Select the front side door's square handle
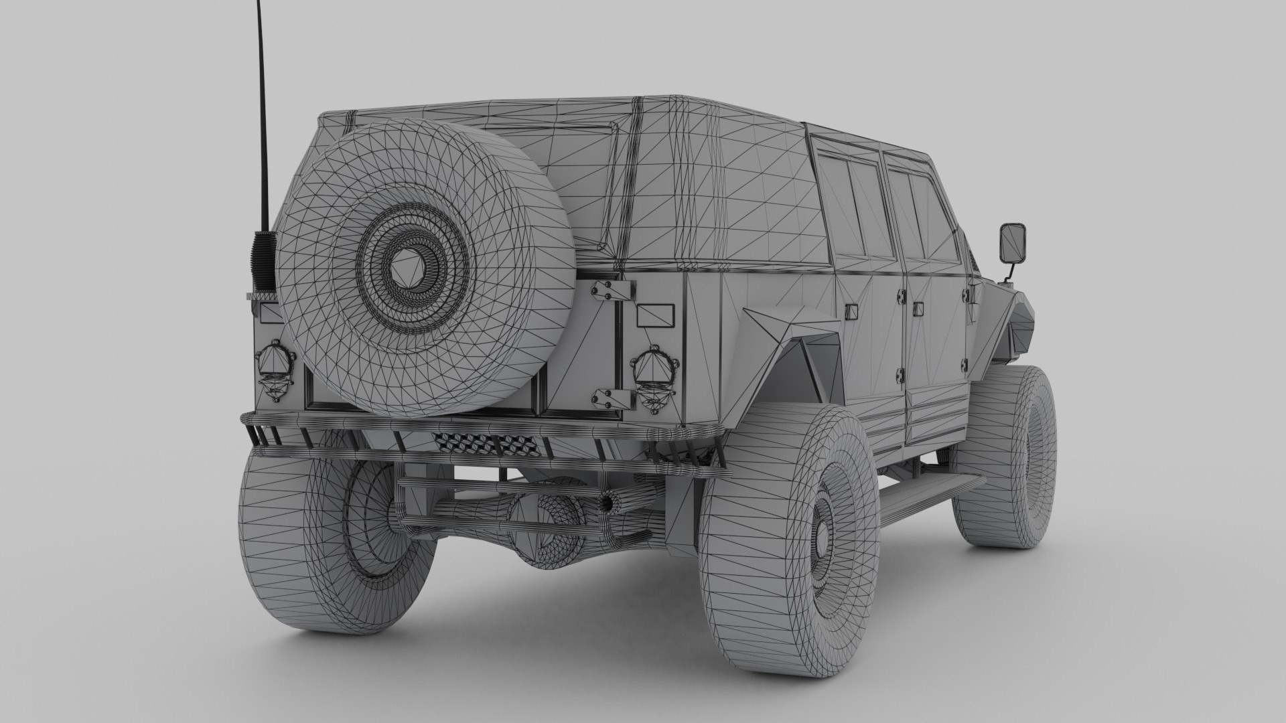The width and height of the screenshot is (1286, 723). tap(916, 309)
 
